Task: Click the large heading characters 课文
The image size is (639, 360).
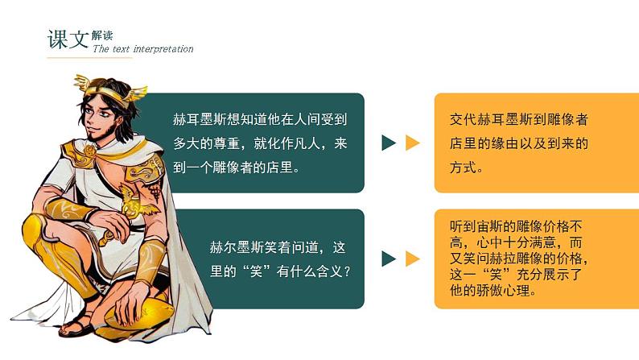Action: point(68,38)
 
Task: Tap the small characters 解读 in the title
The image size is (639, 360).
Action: point(103,35)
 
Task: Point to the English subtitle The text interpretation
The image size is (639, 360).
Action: point(143,49)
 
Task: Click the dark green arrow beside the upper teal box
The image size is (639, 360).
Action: point(389,143)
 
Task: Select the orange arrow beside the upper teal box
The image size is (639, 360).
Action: point(412,143)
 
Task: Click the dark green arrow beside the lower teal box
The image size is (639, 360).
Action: point(389,259)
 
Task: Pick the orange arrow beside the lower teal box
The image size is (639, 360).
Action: point(412,259)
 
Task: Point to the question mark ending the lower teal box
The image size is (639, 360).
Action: point(347,271)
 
